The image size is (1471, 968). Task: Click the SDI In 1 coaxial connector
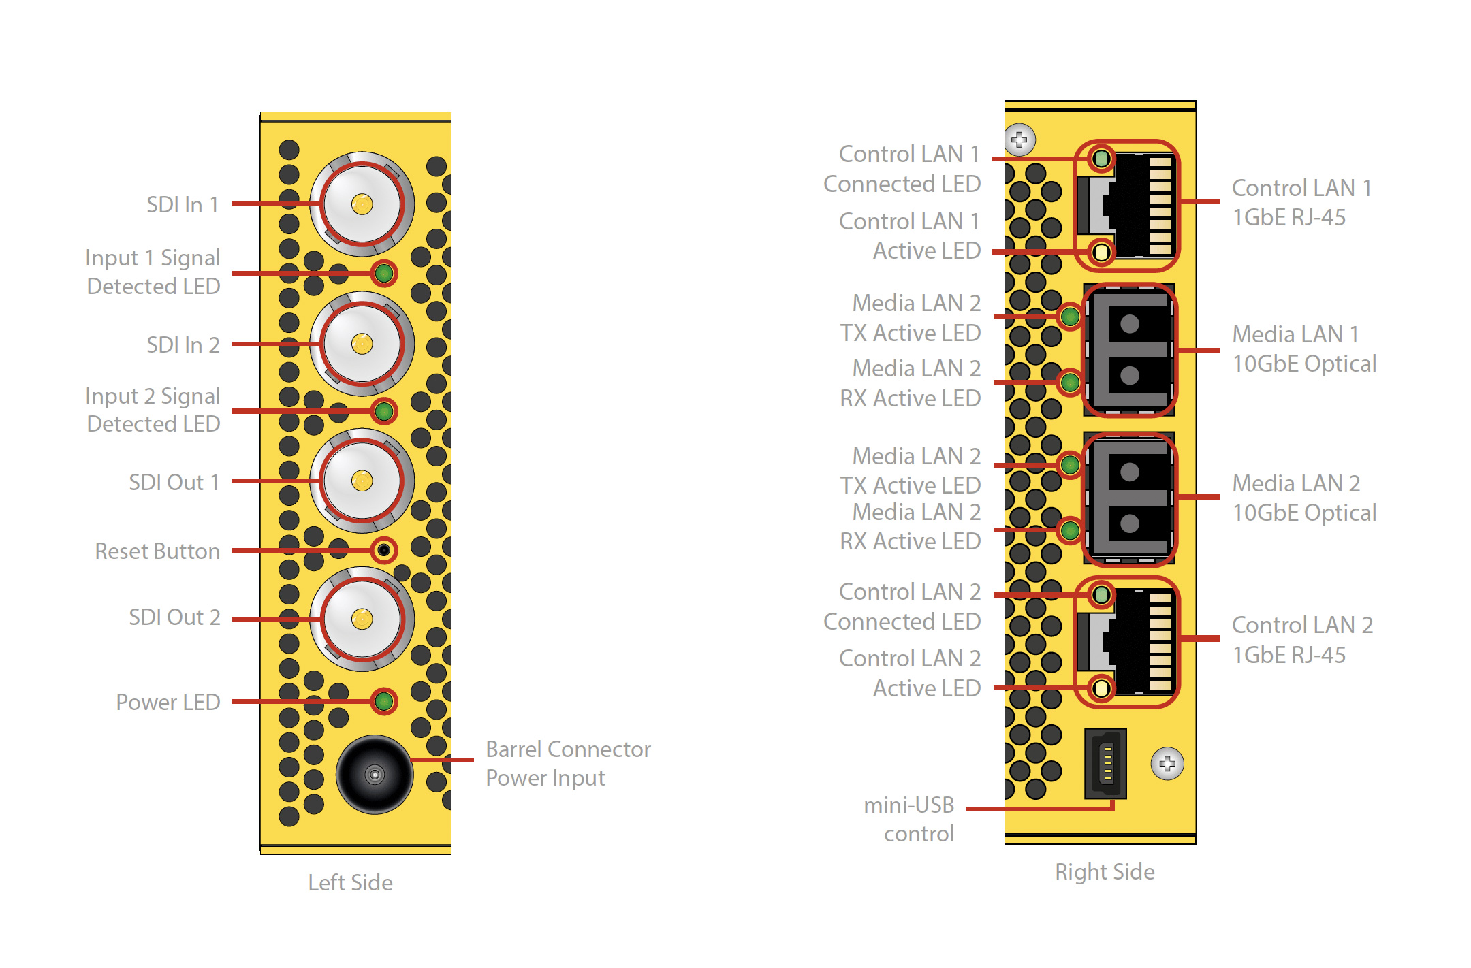coord(362,204)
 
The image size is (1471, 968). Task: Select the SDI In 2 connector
coord(362,344)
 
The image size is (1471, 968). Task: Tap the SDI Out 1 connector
coord(362,481)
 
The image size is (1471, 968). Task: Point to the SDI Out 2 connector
coord(362,619)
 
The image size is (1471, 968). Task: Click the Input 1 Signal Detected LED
coord(384,274)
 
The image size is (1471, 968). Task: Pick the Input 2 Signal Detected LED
coord(384,411)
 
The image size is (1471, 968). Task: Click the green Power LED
coord(384,701)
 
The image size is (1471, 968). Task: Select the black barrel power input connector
coord(374,774)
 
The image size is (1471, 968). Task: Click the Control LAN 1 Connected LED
coord(1101,159)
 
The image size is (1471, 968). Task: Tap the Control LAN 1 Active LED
coord(1101,253)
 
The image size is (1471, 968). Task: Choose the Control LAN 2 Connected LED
coord(1101,596)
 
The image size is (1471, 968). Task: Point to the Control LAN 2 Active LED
coord(1101,689)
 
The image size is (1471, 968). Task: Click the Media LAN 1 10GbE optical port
coord(1129,350)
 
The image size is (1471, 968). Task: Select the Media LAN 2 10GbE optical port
coord(1129,498)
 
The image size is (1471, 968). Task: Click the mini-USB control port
coord(1106,763)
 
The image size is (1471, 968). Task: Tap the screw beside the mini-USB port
coord(1167,764)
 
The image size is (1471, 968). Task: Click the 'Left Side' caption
coord(350,882)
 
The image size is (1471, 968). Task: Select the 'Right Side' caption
coord(1105,871)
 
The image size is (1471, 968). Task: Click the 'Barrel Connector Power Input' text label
coord(568,763)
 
